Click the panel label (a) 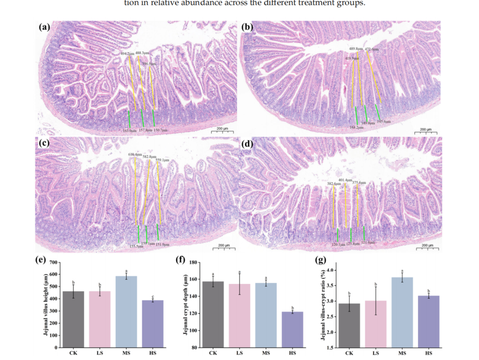coord(44,27)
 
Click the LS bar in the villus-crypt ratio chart coord(376,324)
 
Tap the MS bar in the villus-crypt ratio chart coord(402,312)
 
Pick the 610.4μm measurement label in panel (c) coord(135,155)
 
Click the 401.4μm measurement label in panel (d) coord(346,180)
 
